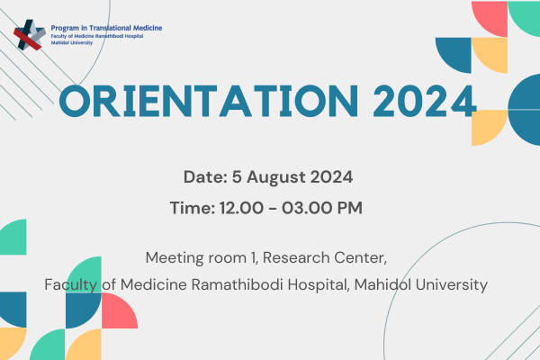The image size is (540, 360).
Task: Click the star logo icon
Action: (30, 35)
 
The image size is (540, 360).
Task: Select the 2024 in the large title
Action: (425, 102)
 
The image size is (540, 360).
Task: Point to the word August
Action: (276, 178)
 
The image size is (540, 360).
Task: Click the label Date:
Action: (205, 177)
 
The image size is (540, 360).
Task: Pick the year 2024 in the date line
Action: (331, 177)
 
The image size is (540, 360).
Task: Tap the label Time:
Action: (193, 208)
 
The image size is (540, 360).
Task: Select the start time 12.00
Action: (241, 208)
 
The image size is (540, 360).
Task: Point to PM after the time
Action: (349, 208)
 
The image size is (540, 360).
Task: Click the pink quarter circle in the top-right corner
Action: (490, 19)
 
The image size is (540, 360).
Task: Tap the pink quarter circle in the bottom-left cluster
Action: (120, 310)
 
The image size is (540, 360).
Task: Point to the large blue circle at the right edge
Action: (524, 110)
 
